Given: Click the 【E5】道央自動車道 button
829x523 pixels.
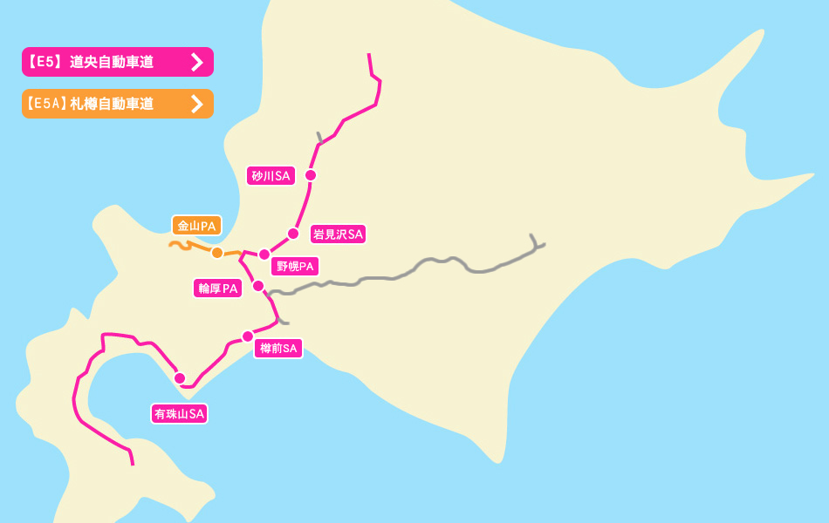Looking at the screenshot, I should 105,62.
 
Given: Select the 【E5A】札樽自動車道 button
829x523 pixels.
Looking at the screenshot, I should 105,104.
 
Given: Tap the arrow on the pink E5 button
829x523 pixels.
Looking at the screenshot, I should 197,62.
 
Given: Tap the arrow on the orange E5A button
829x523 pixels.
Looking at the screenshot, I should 197,104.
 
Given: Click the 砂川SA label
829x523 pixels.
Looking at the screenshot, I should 271,176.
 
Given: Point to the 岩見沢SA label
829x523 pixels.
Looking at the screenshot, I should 338,234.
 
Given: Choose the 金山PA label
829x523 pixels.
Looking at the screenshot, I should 196,226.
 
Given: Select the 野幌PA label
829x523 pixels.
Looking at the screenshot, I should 295,266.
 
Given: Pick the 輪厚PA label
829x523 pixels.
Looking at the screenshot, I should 218,289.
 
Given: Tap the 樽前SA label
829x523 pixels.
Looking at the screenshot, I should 278,349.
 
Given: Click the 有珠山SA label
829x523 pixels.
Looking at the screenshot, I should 179,414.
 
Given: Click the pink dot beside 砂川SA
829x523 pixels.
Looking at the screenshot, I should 310,175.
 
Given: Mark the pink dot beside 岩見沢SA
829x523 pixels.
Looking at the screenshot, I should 293,233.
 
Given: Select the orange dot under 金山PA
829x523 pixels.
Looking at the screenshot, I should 216,253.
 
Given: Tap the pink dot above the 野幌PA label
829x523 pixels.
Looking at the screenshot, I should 264,255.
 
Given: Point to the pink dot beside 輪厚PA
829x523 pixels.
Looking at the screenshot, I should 258,286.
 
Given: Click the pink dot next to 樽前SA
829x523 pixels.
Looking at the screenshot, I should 248,336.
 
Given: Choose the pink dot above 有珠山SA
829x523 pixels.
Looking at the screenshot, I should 180,378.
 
